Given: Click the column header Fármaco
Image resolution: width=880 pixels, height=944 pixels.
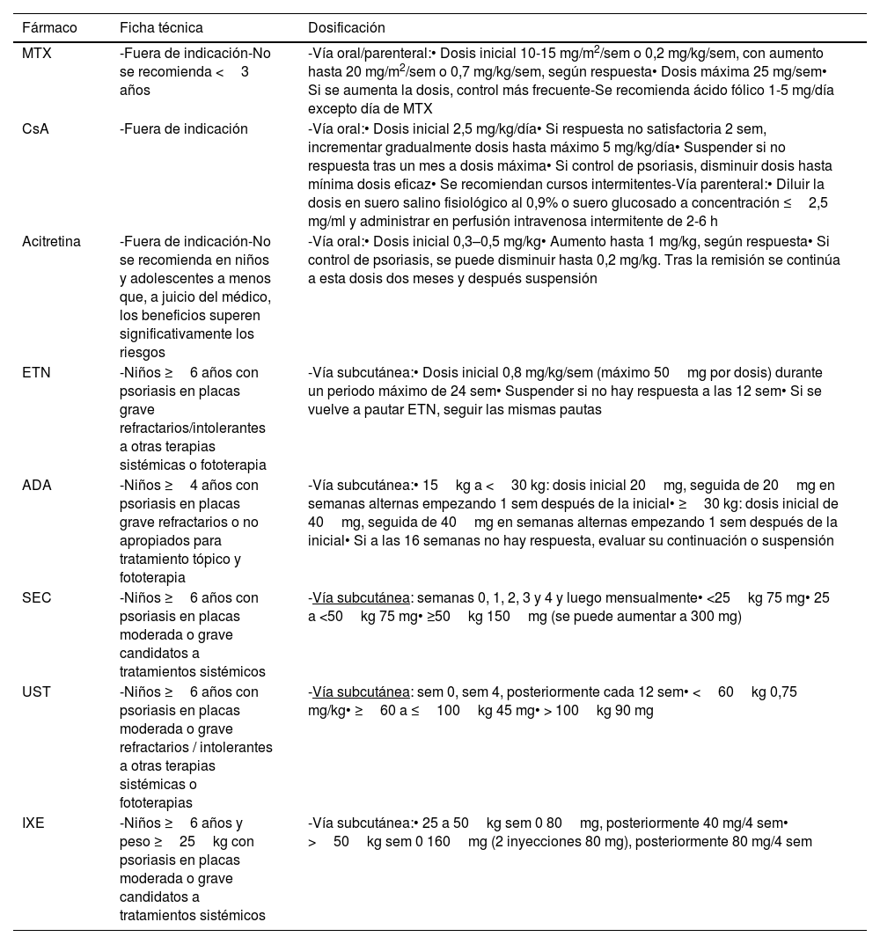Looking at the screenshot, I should click(49, 28).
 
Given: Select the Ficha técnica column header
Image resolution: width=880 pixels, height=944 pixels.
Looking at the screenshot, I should click(161, 28).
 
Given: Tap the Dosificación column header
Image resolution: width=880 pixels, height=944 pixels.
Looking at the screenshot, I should click(346, 28).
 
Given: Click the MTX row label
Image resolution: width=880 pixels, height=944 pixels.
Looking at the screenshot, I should click(37, 53).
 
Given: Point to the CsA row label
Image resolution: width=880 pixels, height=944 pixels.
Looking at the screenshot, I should click(35, 128).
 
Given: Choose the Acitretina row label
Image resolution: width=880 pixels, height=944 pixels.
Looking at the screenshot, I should click(51, 241).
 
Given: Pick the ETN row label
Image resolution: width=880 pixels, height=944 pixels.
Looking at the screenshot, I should click(36, 372).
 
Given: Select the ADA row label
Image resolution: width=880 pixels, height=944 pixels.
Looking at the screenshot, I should click(36, 485).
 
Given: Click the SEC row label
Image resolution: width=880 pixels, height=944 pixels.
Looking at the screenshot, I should click(36, 597).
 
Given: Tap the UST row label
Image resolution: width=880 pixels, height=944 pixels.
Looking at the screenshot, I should click(36, 692).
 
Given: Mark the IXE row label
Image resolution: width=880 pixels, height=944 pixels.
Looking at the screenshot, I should click(33, 823).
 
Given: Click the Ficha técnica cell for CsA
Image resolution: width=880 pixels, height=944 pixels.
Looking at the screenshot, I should click(184, 128).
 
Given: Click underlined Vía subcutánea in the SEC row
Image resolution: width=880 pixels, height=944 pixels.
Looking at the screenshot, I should click(361, 597).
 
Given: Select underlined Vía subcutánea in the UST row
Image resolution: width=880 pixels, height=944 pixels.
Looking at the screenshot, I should click(361, 692).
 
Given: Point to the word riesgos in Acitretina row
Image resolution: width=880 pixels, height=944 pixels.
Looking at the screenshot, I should click(142, 353).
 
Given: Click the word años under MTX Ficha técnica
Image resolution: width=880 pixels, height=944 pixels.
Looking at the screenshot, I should click(136, 91).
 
